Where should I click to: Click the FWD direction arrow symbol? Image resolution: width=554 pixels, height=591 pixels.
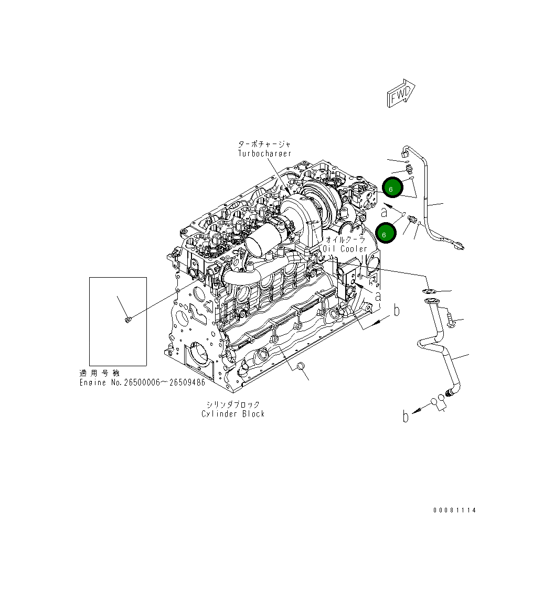pos(401,94)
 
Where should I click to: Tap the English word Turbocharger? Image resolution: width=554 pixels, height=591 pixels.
pos(264,154)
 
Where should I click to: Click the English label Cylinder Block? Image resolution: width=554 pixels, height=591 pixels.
pos(233,414)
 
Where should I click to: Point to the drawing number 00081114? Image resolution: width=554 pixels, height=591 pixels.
pos(454,510)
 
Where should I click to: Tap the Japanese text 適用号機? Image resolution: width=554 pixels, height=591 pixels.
pos(100,373)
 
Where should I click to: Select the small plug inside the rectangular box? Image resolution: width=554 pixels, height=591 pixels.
pos(127,319)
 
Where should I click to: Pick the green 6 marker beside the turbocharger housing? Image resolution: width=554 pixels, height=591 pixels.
pos(392,188)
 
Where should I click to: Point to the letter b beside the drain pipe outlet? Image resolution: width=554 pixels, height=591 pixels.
pos(405,417)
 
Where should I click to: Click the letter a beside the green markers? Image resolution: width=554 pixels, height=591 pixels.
pos(384,212)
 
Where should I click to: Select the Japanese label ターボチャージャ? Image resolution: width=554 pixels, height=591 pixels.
pos(264,144)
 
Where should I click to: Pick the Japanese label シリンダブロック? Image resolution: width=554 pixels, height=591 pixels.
pos(233,404)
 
